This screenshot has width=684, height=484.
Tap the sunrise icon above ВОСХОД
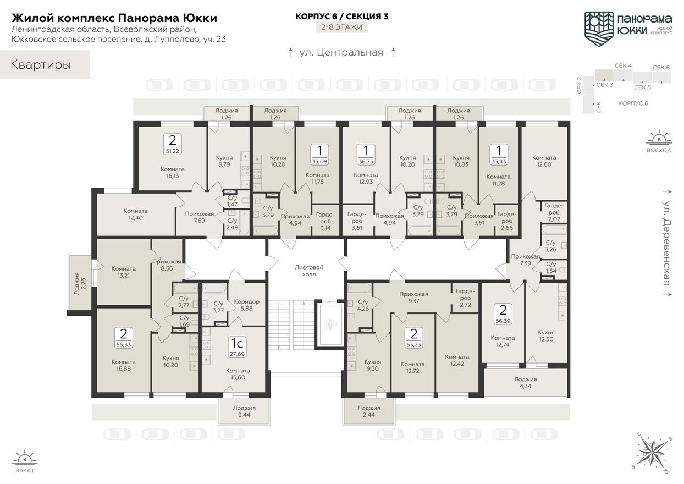659,137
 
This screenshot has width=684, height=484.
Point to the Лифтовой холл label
309,271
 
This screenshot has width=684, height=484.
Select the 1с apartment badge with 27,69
237,347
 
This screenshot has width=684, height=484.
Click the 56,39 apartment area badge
502,312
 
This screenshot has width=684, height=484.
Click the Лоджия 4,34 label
525,382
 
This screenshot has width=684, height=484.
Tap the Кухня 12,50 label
546,335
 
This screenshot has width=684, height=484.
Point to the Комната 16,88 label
124,365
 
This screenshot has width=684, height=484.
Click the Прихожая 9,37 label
414,297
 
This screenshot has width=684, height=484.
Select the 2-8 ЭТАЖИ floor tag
342,26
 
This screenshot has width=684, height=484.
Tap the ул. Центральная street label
341,53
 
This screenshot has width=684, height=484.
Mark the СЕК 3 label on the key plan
605,85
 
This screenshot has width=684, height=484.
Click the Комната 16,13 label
173,172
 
